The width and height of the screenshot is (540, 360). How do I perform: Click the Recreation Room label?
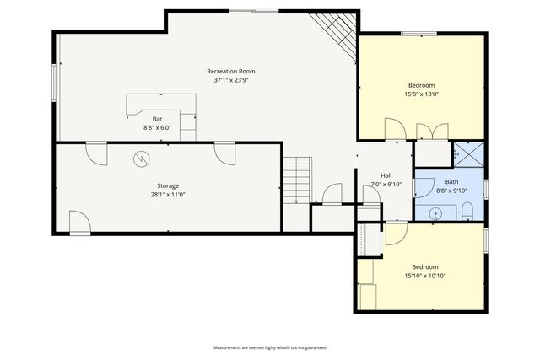[x=231, y=72]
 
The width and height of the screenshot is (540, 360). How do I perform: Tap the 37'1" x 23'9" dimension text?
[x=231, y=80]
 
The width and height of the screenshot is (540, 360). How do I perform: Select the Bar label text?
[x=158, y=119]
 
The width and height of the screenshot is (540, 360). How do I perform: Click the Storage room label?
[x=168, y=185]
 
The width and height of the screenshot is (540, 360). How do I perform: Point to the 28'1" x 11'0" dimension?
[x=168, y=195]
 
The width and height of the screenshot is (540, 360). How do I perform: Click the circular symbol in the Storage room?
[x=142, y=159]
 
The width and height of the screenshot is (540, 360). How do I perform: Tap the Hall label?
[x=386, y=175]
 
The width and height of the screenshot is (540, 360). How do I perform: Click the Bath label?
[x=451, y=182]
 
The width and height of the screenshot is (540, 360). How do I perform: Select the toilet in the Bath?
[x=467, y=212]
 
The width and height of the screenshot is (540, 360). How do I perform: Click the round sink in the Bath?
[x=435, y=214]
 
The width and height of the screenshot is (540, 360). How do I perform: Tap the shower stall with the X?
[x=469, y=154]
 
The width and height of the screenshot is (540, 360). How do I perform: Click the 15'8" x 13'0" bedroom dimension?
[x=422, y=94]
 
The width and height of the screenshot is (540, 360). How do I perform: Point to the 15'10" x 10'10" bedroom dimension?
[x=425, y=276]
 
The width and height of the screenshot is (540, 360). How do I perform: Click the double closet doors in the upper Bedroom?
[x=432, y=132]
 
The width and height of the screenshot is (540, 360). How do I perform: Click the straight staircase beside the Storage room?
[x=297, y=180]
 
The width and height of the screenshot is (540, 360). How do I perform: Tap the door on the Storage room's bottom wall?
[x=80, y=223]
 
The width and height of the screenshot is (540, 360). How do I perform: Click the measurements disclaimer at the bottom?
[x=270, y=347]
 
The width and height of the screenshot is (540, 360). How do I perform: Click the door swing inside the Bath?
[x=424, y=187]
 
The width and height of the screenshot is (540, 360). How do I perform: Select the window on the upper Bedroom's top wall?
[x=418, y=34]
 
